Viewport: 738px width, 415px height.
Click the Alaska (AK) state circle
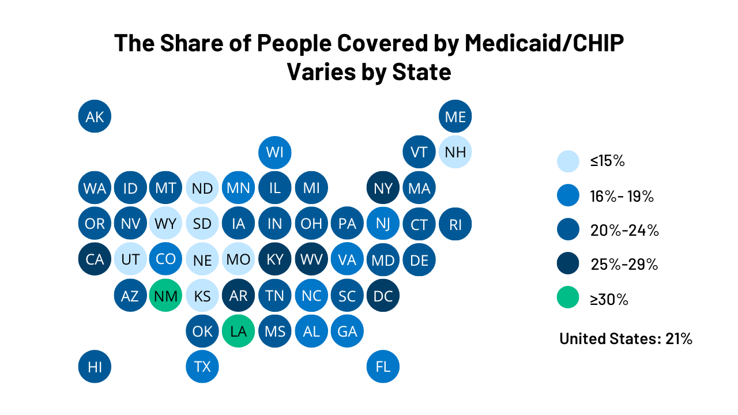coord(95,116)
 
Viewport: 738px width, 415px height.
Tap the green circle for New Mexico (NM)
coord(166,296)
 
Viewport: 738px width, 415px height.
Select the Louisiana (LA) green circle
coord(238,331)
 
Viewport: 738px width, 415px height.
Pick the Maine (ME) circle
coord(455,116)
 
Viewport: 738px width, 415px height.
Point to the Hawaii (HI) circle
coord(95,367)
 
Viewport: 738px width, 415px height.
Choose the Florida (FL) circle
coord(383,367)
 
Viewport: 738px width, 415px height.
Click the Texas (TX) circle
coord(202,367)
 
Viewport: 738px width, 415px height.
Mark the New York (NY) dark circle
coord(383,188)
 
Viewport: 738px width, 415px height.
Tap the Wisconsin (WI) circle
coord(275,152)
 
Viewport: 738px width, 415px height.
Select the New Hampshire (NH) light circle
coord(455,152)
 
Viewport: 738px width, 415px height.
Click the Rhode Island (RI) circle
coord(455,224)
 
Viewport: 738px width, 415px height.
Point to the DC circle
coord(383,296)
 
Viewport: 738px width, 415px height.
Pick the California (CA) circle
coord(95,259)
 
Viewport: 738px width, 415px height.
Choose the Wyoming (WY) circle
coord(166,224)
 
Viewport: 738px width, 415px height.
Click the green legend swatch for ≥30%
coord(568,299)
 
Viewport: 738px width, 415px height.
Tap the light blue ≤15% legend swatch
coord(568,161)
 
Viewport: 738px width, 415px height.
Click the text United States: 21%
coord(626,338)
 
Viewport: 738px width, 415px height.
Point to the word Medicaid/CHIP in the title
coord(544,44)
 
